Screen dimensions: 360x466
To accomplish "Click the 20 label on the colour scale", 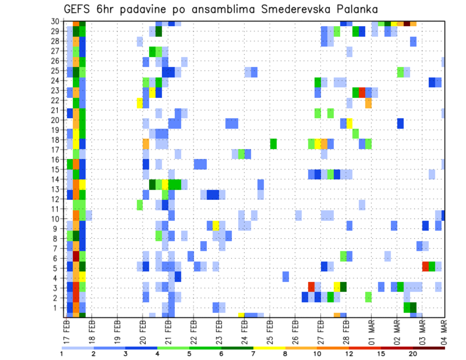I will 413,353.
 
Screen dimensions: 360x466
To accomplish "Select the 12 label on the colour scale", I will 349,353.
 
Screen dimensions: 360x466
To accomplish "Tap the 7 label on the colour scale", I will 253,353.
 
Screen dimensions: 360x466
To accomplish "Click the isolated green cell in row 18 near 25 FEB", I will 273,144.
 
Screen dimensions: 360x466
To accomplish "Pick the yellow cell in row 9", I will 216,226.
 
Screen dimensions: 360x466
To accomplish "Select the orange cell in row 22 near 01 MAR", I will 368,103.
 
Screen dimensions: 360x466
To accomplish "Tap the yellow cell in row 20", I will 349,123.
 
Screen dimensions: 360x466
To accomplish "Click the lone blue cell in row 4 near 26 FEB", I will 286,277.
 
